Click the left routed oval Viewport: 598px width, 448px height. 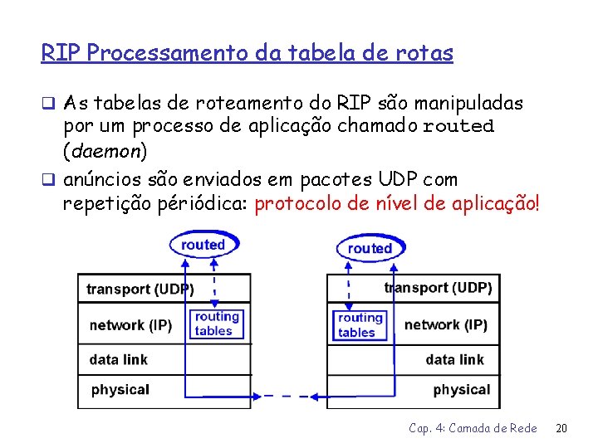tap(203, 244)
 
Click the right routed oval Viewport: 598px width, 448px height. tap(370, 248)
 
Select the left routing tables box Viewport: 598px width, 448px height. tap(217, 324)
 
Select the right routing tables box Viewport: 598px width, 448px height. tap(360, 324)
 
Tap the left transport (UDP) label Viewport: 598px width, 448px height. tap(140, 290)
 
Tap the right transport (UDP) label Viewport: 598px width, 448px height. tap(438, 288)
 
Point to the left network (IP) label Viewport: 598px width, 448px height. tap(130, 324)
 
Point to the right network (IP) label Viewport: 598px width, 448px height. tap(445, 324)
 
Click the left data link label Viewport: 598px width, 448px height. tap(119, 359)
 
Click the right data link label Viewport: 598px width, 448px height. tap(454, 359)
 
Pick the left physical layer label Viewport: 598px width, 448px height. tap(120, 389)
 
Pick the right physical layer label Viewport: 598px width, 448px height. tap(462, 389)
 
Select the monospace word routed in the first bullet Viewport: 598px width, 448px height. tap(458, 127)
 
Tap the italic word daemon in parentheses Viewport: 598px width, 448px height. tap(105, 152)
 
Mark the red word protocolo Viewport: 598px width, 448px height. tap(293, 204)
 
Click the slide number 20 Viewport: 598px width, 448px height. tap(561, 428)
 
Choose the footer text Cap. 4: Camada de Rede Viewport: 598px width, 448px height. tap(473, 428)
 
